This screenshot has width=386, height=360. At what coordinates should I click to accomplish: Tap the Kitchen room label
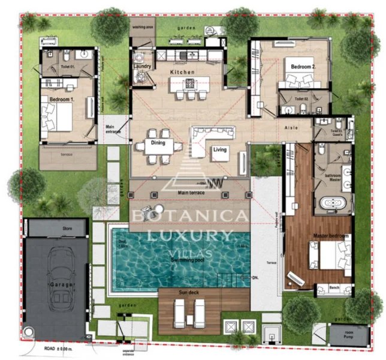tap(182, 72)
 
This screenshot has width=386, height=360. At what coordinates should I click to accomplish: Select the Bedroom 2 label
tap(303, 67)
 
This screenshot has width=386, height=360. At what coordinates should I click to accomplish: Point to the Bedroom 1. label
tap(61, 98)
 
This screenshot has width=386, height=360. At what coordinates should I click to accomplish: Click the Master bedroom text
tap(330, 236)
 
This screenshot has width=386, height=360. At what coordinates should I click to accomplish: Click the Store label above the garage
tap(68, 229)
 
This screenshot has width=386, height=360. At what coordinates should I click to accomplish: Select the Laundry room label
tap(143, 67)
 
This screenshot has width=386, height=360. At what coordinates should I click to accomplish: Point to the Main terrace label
tap(191, 193)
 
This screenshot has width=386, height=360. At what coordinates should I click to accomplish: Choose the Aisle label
tap(291, 128)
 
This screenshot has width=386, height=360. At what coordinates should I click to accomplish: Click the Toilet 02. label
tap(301, 97)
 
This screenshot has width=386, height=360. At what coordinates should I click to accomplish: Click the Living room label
tap(219, 149)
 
